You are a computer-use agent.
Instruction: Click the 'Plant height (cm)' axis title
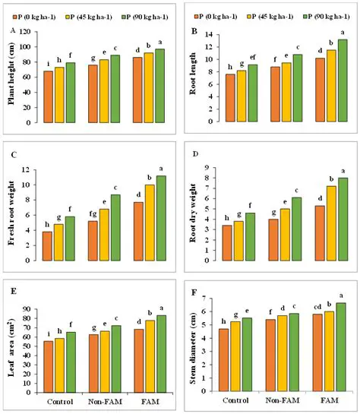[x=14, y=77]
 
